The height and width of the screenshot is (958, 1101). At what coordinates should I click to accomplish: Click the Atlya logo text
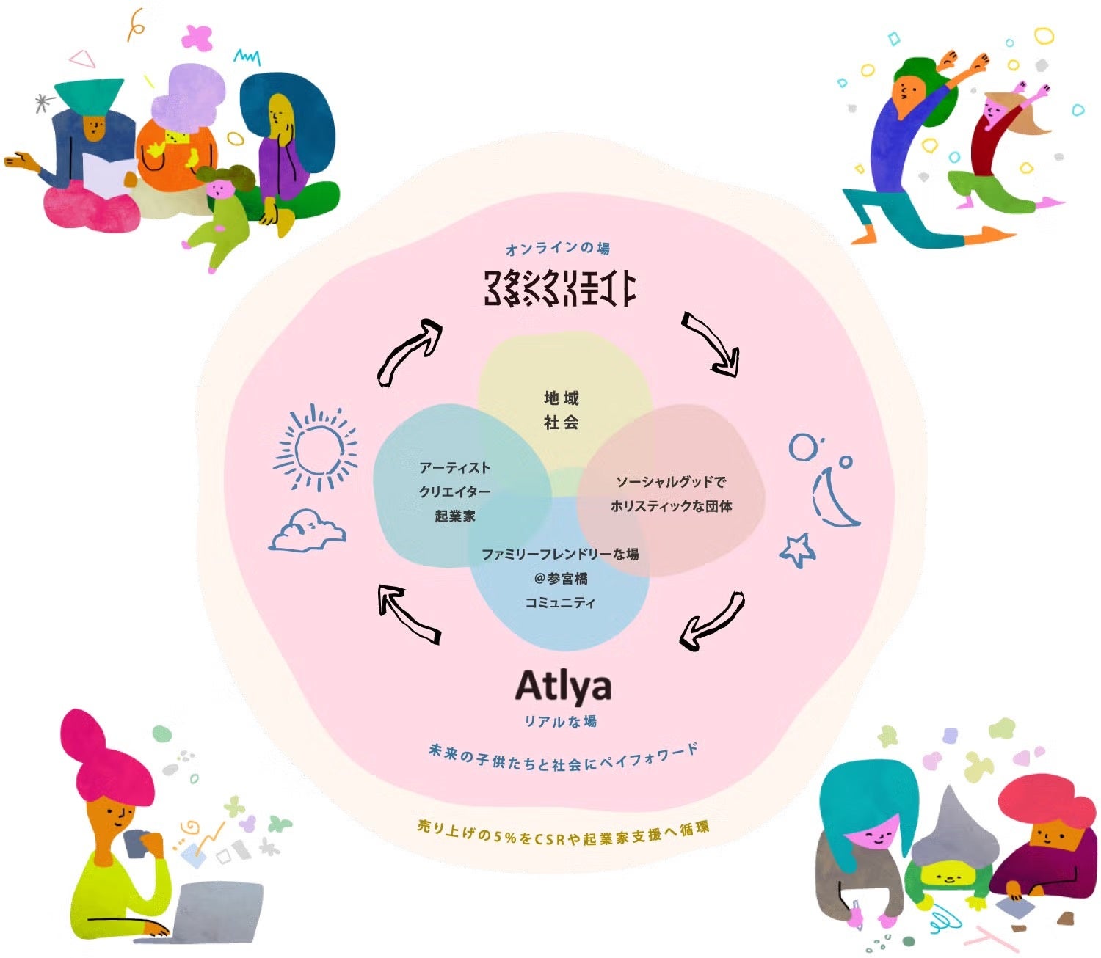click(563, 687)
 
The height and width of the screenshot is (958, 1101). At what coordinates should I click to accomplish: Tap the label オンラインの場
click(557, 249)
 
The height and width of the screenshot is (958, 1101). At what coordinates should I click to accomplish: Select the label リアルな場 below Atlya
click(560, 721)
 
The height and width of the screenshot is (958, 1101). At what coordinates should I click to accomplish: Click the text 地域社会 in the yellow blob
click(562, 410)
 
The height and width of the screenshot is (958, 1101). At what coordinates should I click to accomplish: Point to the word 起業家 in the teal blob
click(455, 516)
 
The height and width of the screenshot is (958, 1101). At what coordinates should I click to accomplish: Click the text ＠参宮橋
click(561, 578)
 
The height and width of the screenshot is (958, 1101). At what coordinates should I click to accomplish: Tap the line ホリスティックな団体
click(671, 506)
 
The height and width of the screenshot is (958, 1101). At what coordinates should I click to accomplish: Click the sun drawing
click(316, 447)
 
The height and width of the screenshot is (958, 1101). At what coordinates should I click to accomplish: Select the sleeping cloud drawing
click(308, 531)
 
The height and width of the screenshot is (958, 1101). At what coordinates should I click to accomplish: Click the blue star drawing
click(797, 549)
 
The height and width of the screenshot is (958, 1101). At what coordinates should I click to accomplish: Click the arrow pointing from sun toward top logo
click(410, 351)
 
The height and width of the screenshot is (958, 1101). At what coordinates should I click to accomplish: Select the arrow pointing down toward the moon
click(711, 343)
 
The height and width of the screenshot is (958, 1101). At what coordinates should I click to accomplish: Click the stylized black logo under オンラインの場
click(559, 288)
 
